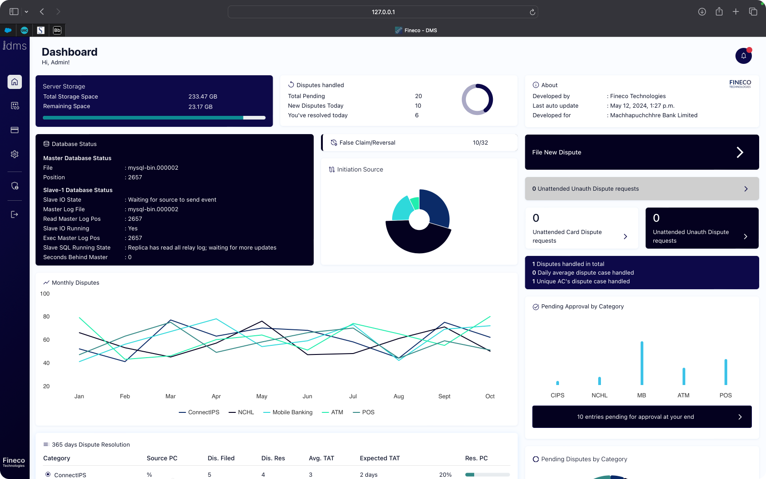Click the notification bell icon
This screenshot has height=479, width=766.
[743, 56]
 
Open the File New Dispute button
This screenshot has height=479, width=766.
[642, 152]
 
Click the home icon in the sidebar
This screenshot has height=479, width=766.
[15, 82]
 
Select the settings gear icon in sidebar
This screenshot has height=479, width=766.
[15, 154]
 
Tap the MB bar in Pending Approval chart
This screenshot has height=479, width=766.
[642, 363]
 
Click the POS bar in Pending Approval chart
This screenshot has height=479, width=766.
[725, 372]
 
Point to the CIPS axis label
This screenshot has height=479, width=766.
[557, 396]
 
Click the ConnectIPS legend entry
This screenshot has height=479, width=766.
[199, 412]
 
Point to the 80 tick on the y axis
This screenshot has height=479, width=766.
[46, 317]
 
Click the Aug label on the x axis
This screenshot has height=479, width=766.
[399, 396]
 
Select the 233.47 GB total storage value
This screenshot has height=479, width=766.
[202, 97]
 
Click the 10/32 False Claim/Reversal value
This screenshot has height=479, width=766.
[480, 143]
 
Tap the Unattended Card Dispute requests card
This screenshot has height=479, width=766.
[581, 228]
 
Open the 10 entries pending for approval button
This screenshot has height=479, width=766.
[642, 417]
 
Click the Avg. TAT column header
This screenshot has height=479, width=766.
[321, 458]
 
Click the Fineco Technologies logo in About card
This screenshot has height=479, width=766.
[740, 84]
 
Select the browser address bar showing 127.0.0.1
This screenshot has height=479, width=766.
[383, 12]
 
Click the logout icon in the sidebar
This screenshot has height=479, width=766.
[15, 214]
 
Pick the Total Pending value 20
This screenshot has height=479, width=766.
[418, 96]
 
